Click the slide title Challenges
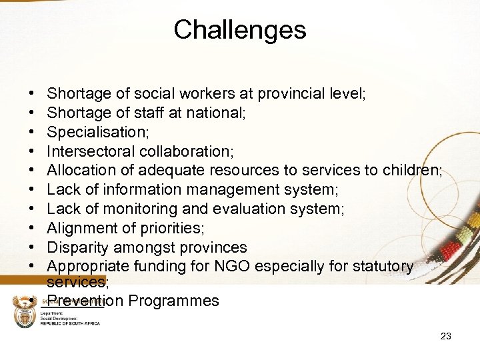click(x=239, y=30)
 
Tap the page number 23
click(x=445, y=336)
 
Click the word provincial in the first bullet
click(x=295, y=94)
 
